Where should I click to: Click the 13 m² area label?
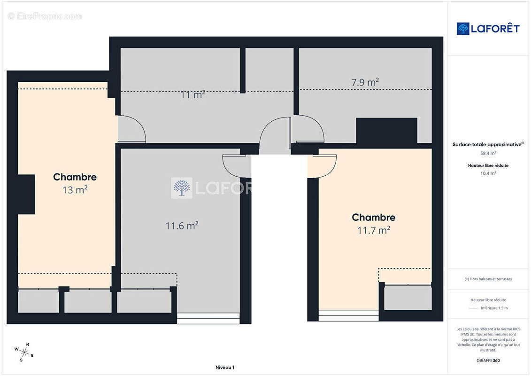point(75,190)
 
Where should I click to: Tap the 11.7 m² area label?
point(374,230)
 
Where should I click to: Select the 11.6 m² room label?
point(182,226)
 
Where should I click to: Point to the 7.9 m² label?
point(365,82)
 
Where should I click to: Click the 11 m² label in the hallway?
point(192,94)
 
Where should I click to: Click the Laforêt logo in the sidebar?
point(488,29)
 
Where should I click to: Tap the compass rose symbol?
point(24,352)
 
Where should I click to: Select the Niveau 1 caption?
point(225,367)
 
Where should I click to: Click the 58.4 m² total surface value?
point(488,153)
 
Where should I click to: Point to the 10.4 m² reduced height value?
point(488,173)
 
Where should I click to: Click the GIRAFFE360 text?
point(488,360)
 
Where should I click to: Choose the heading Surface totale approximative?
point(488,144)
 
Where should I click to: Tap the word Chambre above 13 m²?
point(75,177)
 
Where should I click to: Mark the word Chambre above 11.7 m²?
point(374,217)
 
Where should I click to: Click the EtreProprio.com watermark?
point(45,16)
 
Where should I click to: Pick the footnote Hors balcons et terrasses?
point(488,279)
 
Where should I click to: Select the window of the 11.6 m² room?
point(208,318)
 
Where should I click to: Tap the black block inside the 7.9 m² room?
point(386,131)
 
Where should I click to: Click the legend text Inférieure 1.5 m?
point(494,308)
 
